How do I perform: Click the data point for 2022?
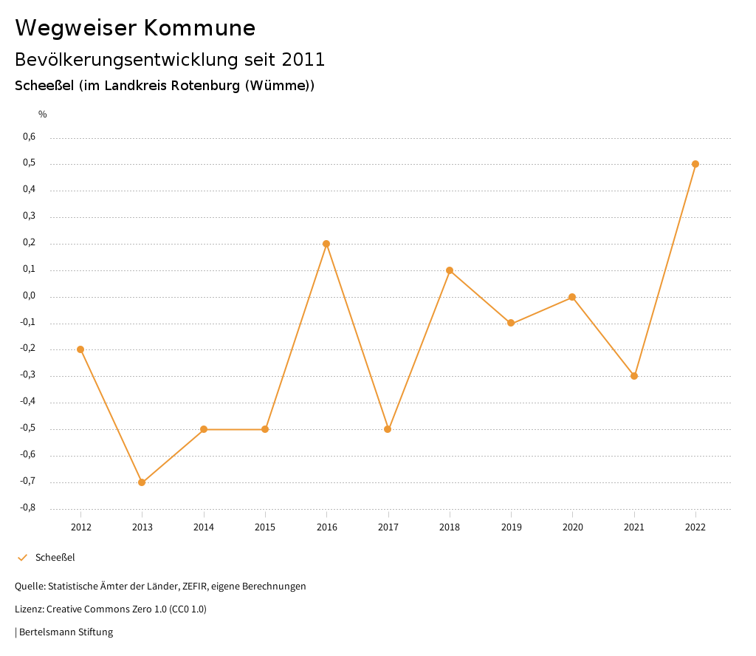click(695, 164)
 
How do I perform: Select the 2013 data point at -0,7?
click(142, 482)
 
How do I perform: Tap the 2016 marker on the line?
click(326, 244)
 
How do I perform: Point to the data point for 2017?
click(388, 429)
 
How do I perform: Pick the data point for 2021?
click(634, 376)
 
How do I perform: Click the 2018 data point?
click(450, 270)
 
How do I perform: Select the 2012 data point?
click(80, 349)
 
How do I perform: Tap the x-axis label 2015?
click(265, 527)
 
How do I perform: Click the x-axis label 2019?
click(511, 527)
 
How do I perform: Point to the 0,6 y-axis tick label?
click(30, 137)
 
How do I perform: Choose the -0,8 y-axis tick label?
click(28, 508)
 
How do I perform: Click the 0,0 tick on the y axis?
click(30, 295)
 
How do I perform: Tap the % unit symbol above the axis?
click(43, 115)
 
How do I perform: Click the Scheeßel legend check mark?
click(22, 558)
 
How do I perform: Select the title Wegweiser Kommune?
click(135, 28)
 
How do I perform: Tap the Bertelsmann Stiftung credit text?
click(66, 632)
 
